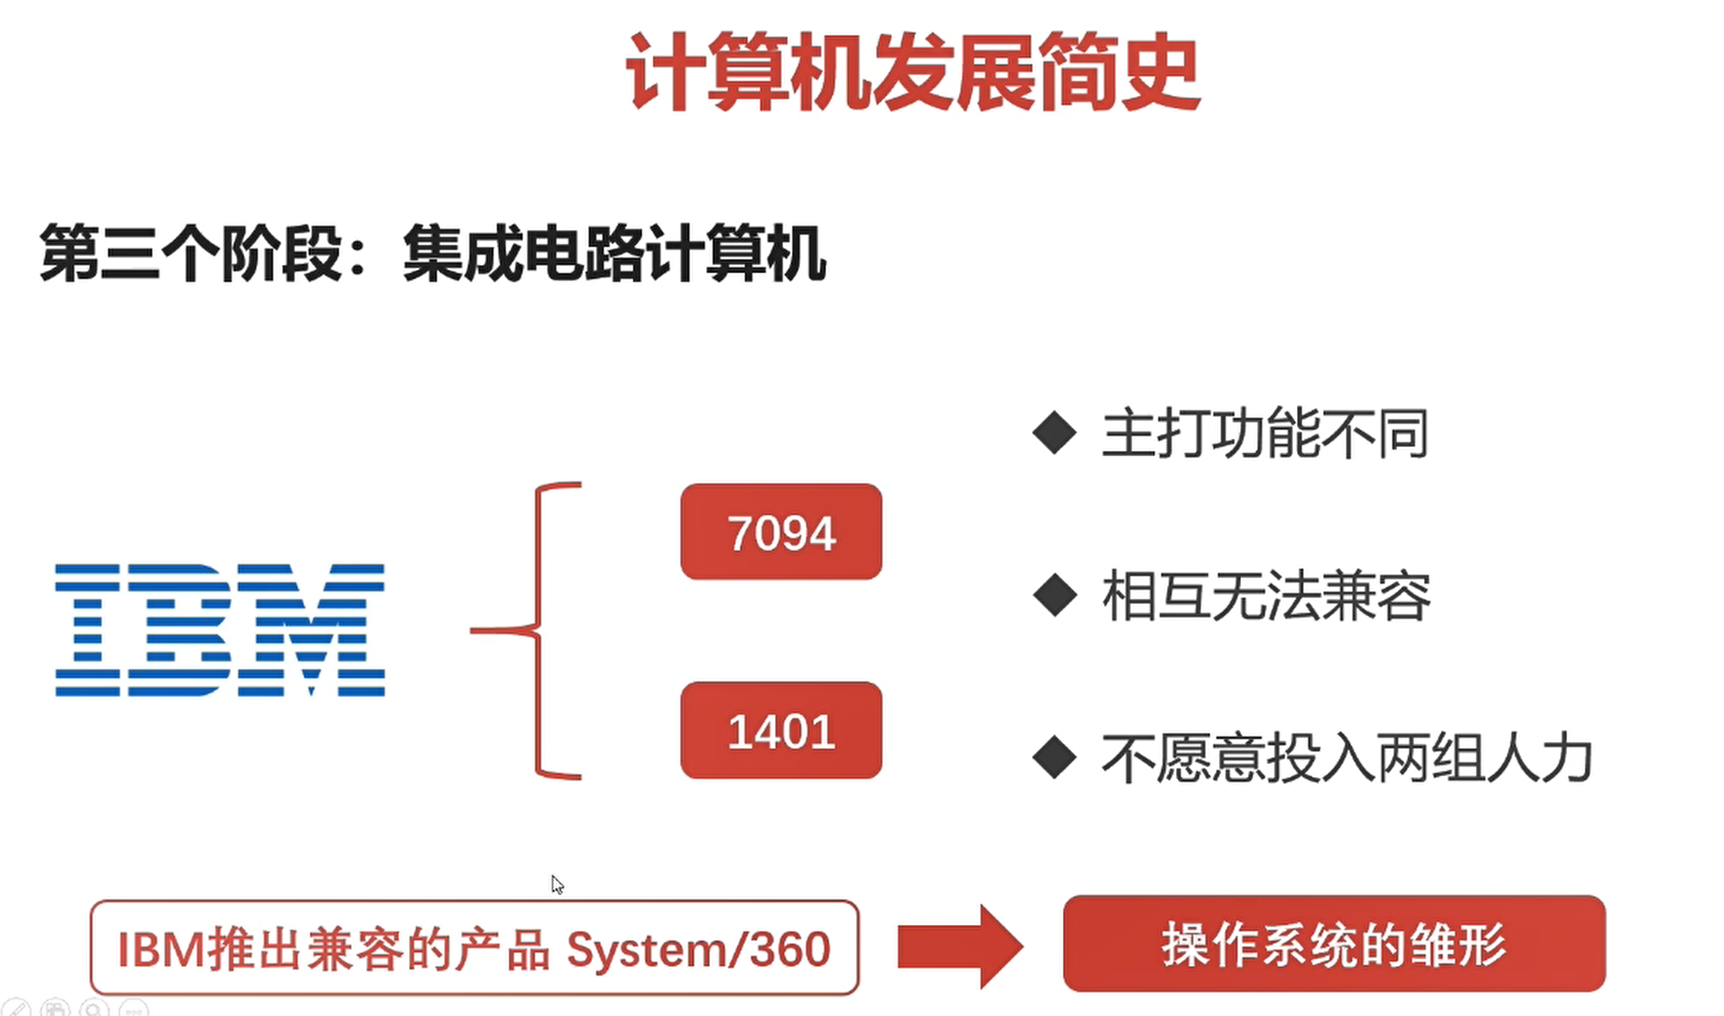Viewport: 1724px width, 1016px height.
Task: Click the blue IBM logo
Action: [x=220, y=630]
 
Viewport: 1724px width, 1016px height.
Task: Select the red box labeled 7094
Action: [x=781, y=532]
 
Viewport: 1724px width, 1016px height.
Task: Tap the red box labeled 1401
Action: [x=781, y=731]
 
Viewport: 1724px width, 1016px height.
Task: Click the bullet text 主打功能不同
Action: [x=1265, y=433]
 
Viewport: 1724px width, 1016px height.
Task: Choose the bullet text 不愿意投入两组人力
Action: [x=1346, y=759]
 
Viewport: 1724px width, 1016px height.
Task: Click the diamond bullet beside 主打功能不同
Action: [x=1055, y=432]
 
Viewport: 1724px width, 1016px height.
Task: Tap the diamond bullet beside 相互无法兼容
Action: [x=1055, y=596]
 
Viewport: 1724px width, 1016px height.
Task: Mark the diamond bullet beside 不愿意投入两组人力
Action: [x=1055, y=758]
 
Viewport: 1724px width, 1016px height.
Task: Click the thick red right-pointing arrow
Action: [x=960, y=947]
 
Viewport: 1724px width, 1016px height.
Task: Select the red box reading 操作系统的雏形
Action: [x=1334, y=944]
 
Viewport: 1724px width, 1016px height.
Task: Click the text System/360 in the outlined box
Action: [x=698, y=949]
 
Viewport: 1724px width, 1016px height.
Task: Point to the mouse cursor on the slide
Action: [x=556, y=884]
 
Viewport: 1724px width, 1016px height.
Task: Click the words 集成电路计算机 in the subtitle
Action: [x=614, y=254]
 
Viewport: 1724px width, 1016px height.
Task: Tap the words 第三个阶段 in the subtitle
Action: [x=191, y=254]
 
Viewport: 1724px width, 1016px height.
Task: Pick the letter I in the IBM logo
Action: [x=88, y=630]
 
